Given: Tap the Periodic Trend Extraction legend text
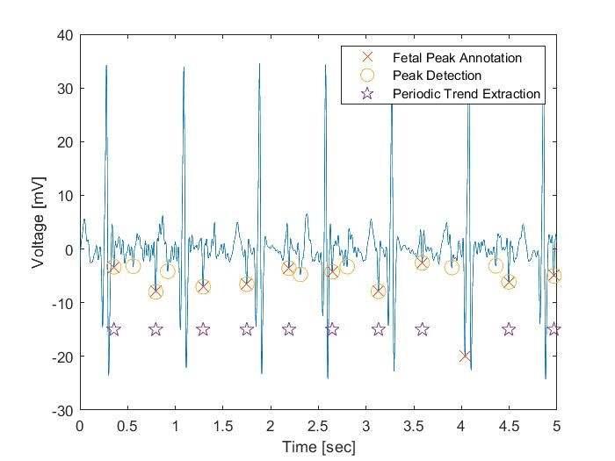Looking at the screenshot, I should coord(466,93).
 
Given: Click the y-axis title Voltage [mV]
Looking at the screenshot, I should coord(40,222).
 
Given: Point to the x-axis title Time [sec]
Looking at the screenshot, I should coord(318,447).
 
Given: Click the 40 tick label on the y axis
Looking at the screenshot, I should coord(64,35).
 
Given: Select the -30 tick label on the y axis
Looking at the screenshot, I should coord(61,410).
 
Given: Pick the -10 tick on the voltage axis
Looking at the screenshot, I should coord(61,303).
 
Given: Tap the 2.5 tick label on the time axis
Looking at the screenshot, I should coord(318,426).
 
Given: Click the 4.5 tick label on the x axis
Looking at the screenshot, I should coord(509,426).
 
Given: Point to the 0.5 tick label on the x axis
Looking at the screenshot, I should coord(127,426).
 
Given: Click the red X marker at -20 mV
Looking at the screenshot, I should coord(465,356).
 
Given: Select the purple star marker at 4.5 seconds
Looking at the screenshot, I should coord(509,329).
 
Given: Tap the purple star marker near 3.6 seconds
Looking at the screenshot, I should coord(422,329).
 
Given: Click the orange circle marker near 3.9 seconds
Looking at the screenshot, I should coord(452,267).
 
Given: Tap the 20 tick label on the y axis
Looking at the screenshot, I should coord(64,142).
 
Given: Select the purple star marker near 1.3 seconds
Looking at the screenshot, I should coord(203,329).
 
